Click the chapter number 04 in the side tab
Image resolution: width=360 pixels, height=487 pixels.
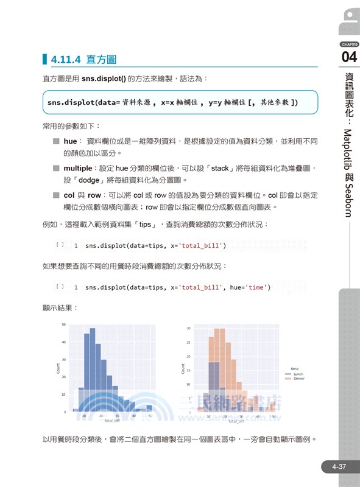tap(349, 58)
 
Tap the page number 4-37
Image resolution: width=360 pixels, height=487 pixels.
tap(339, 467)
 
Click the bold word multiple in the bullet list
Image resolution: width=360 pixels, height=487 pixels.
tap(80, 168)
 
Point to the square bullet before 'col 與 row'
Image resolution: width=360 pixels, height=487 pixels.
tap(55, 195)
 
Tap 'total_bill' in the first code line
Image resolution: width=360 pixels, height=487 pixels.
tap(202, 246)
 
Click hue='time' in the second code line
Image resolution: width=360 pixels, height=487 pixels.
tap(250, 287)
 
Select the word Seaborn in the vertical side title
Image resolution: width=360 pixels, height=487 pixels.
tap(350, 194)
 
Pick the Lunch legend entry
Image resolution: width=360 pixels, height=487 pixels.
tap(298, 374)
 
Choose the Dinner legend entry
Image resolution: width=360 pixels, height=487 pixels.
tap(298, 379)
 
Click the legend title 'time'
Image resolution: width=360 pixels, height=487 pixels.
tap(294, 368)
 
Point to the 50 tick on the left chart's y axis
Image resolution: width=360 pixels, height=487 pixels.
tap(63, 324)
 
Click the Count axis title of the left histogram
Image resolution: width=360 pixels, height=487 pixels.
tap(58, 368)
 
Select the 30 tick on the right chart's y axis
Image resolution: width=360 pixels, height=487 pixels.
tap(189, 328)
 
